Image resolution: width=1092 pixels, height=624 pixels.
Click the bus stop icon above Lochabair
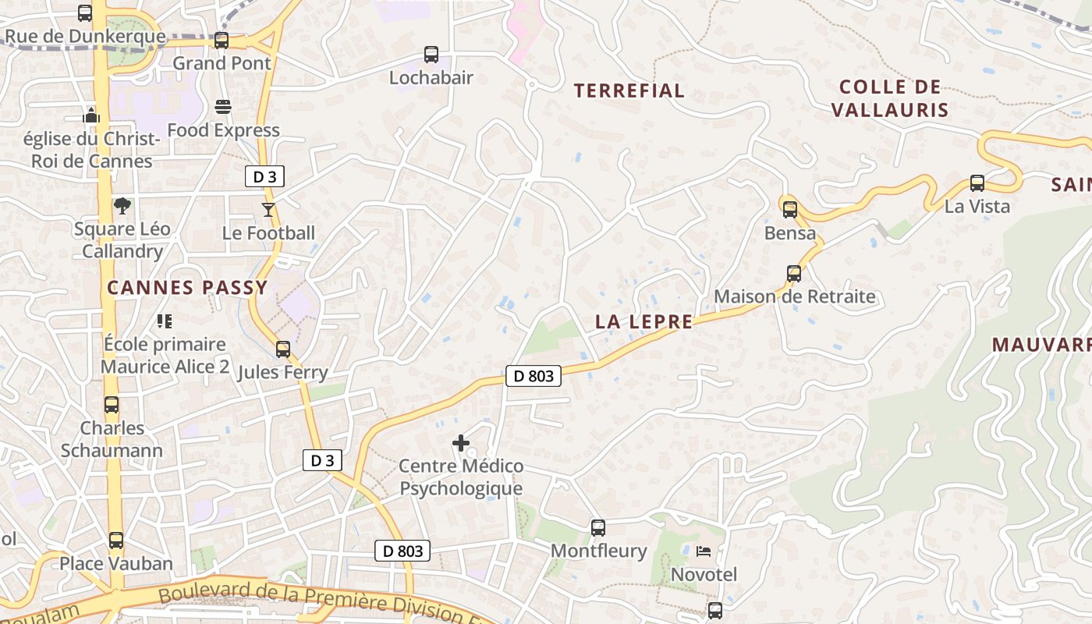coord(431,55)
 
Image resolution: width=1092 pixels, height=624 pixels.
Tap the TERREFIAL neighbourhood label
coord(629,90)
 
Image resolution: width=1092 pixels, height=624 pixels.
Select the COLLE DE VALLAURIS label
coord(890,98)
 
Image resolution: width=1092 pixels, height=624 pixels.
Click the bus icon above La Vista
coord(977,183)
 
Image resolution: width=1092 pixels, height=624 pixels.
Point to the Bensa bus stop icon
coord(790,209)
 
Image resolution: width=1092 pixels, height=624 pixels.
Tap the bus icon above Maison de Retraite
coord(794,274)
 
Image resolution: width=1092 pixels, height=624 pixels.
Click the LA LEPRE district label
coord(643,321)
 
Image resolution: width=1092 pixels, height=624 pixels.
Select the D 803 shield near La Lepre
coord(534,376)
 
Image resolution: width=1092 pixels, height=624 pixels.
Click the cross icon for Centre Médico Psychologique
coord(461,443)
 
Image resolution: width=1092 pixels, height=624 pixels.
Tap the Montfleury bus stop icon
coord(598,528)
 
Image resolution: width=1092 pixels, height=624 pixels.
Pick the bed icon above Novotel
coord(704,551)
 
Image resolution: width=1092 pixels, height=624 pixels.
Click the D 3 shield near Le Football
coord(264,177)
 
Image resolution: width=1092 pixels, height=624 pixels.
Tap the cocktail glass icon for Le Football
coord(268,209)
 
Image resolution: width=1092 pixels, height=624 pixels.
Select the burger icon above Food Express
coord(223,106)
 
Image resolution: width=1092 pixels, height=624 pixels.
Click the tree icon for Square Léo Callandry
coord(122,206)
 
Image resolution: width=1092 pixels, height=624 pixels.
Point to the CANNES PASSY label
coord(187,288)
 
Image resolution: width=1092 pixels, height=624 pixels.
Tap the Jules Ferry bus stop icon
coord(283,349)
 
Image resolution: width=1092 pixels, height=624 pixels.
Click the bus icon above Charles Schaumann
coord(112,405)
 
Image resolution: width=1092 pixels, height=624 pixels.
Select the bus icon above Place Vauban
coord(116,540)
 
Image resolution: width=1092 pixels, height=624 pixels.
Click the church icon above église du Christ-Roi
coord(91,115)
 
